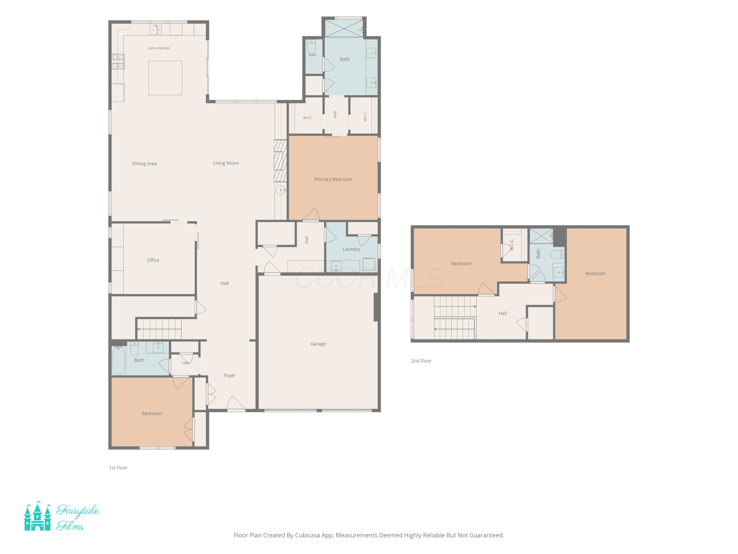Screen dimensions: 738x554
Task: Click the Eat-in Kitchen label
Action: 159,48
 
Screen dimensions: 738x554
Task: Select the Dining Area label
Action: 144,164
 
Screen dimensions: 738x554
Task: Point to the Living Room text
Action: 226,163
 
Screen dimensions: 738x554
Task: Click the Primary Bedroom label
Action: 333,179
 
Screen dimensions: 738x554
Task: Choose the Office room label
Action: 153,260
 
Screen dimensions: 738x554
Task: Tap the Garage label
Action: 318,344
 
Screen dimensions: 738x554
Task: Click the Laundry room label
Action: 351,249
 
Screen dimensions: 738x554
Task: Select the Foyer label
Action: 230,375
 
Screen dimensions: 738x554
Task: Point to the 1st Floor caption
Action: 118,468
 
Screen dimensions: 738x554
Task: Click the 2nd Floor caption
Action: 421,361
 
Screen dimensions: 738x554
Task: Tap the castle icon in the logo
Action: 37,516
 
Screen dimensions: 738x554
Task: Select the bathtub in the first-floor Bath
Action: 118,360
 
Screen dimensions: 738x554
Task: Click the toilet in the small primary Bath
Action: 311,47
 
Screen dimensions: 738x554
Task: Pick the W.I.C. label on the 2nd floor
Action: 511,245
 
